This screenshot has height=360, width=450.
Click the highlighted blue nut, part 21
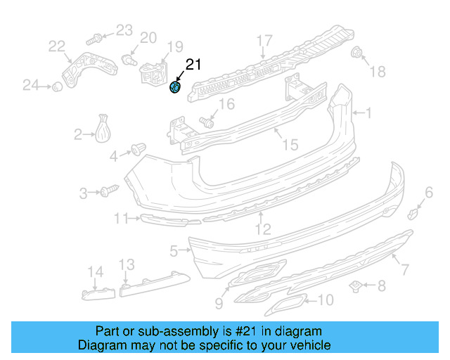176,87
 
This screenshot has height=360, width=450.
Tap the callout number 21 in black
193,65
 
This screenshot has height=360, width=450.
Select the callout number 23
124,30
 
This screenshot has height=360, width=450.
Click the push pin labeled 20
128,58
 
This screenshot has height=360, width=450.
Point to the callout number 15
290,145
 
